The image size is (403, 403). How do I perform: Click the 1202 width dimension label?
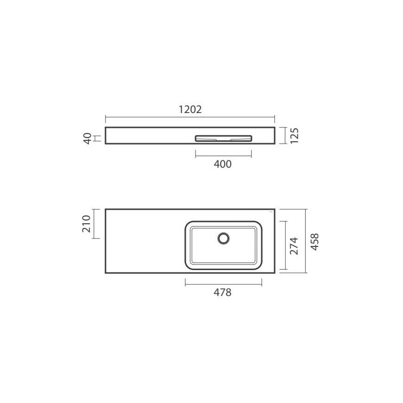coord(190,109)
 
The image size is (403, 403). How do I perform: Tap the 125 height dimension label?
coord(295,135)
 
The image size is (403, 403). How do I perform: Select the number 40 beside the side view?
coord(88,139)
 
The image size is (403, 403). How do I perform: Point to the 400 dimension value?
coord(222,164)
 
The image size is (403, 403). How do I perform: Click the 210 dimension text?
coord(86,224)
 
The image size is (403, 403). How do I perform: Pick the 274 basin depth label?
coord(294,246)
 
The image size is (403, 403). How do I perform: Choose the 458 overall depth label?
coord(315,242)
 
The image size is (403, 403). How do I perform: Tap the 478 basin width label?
coord(222,292)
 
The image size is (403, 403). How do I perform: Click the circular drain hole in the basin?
coord(224,238)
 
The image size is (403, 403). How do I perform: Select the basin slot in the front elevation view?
coord(223,139)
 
